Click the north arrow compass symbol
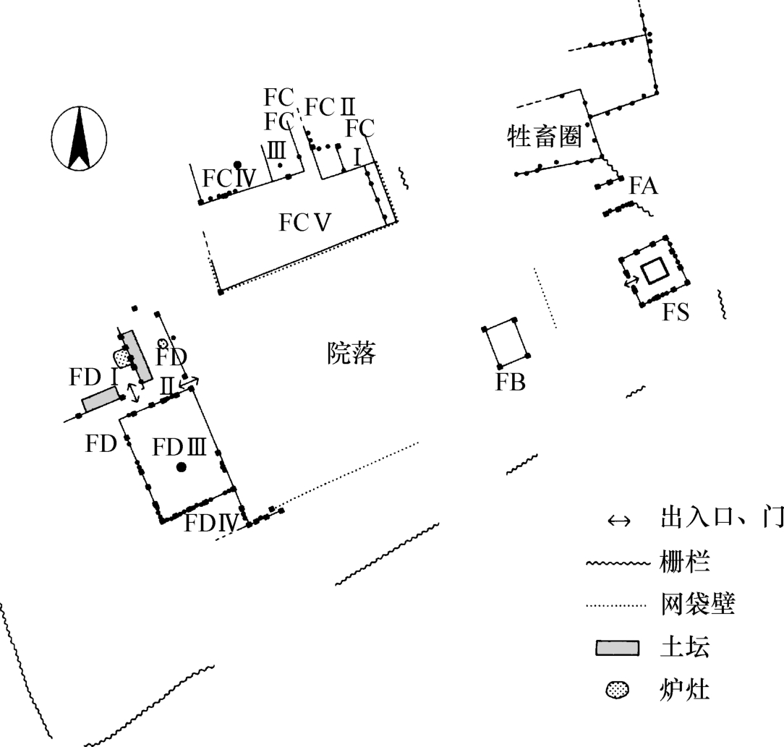[x=80, y=138]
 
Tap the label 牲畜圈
[x=545, y=136]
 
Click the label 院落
[x=351, y=354]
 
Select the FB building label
[x=510, y=383]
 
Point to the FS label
[x=676, y=313]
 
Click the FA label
[x=643, y=187]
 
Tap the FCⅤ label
[x=305, y=223]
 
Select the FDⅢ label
[x=180, y=448]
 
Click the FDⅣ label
[x=211, y=522]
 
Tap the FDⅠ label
[x=93, y=377]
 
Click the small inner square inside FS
[x=656, y=272]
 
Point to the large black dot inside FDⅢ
[x=181, y=467]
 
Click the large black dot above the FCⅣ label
[x=237, y=165]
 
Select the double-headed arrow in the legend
[x=619, y=521]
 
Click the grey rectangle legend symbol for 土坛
[x=618, y=648]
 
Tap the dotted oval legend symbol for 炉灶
[x=617, y=691]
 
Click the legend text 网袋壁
[x=697, y=604]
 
